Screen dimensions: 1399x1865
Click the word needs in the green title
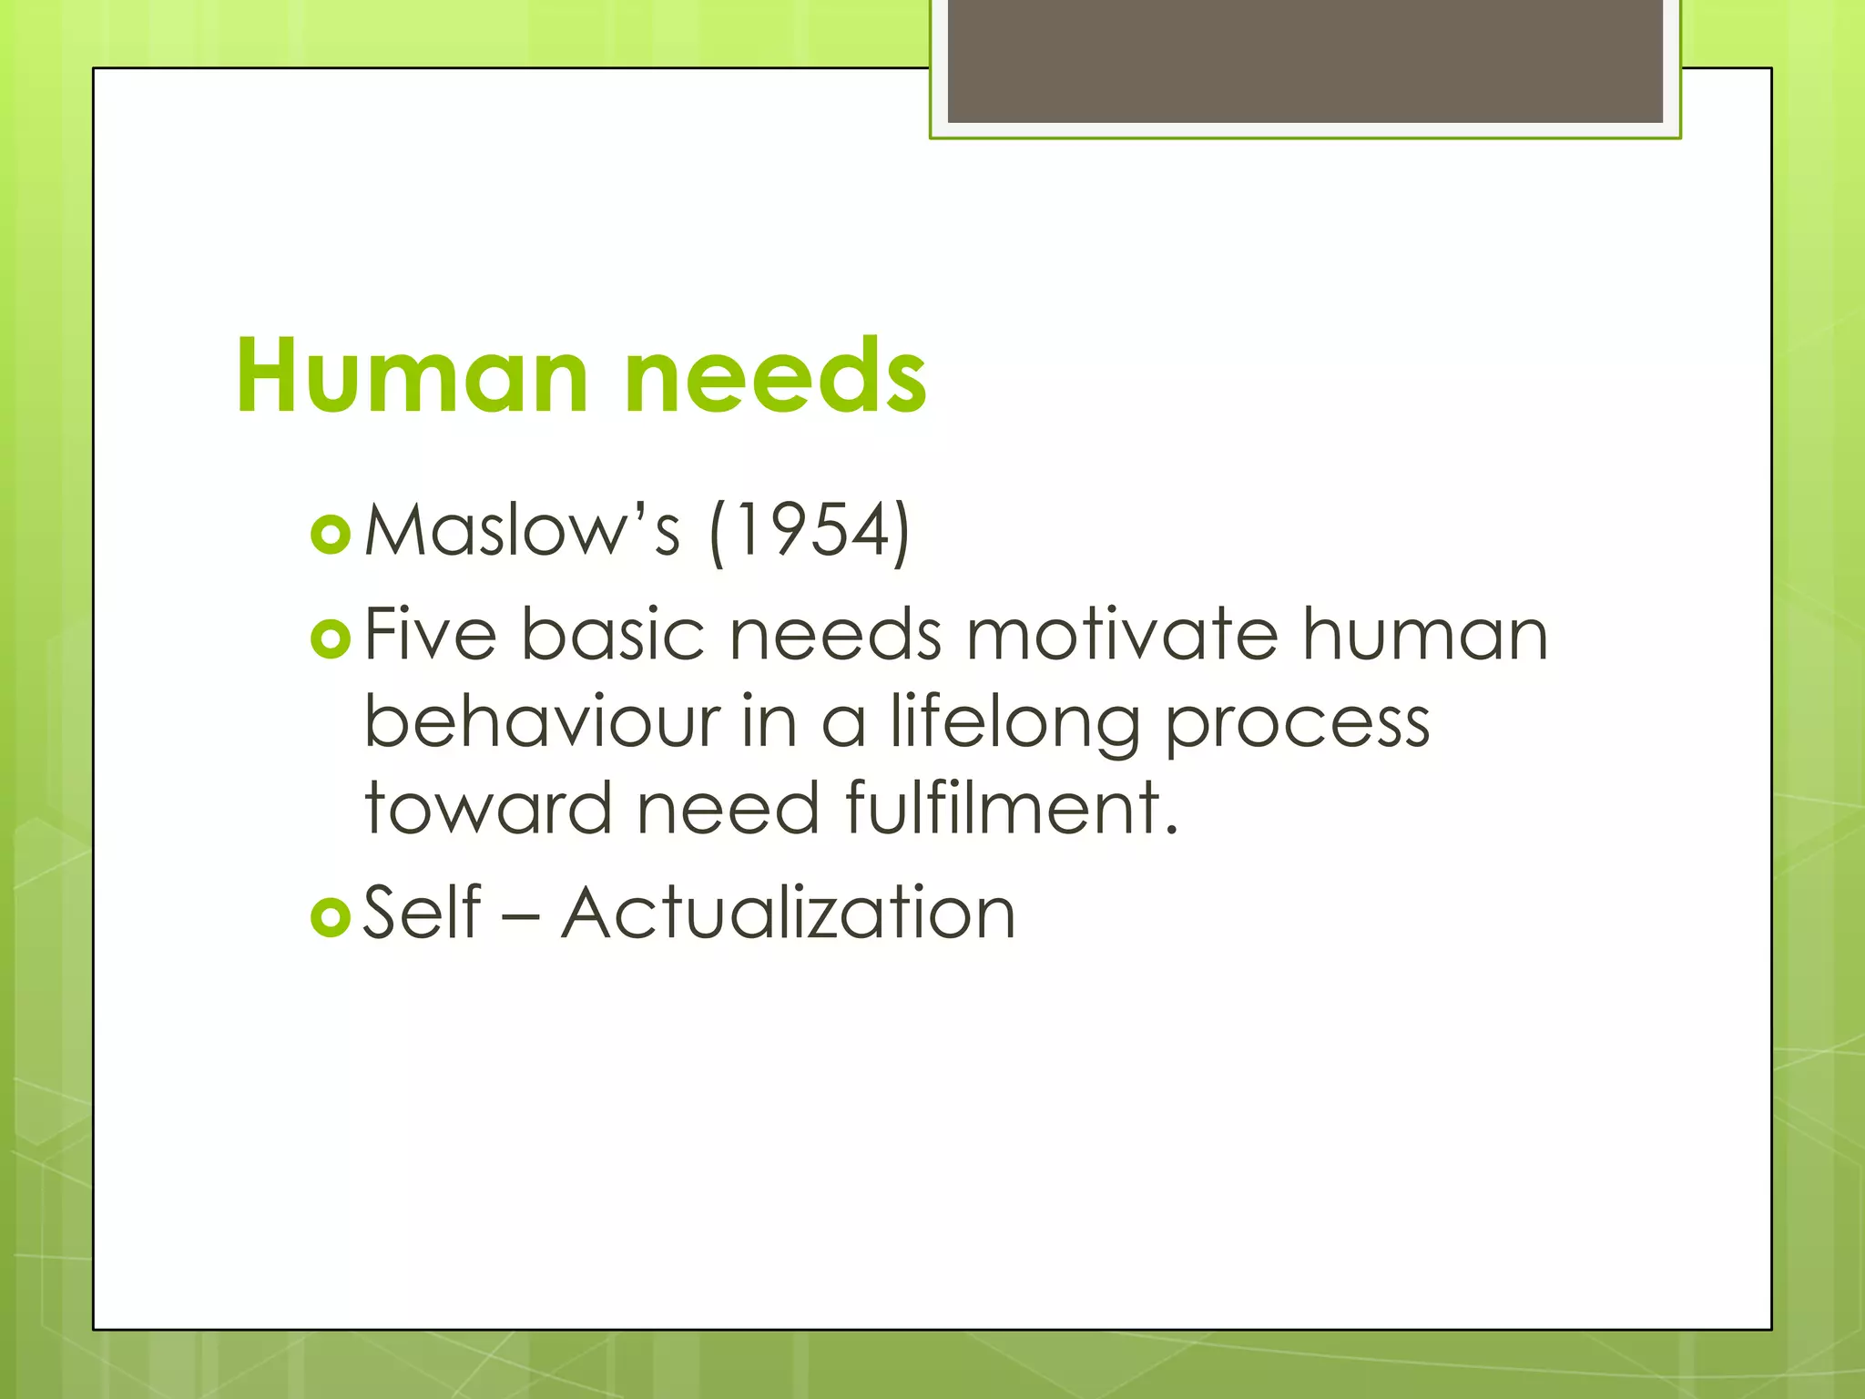click(x=775, y=376)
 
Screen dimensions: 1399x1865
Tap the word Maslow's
click(x=522, y=530)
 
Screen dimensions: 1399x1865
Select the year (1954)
click(x=810, y=532)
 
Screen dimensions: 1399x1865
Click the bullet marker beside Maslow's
click(x=330, y=535)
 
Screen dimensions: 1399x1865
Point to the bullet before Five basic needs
click(x=330, y=638)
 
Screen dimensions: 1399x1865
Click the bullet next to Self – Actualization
click(x=330, y=916)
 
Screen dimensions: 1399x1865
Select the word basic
click(x=613, y=634)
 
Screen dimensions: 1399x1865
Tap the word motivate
click(x=1122, y=634)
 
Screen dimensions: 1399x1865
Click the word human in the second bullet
click(x=1424, y=634)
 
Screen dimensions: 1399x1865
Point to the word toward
click(x=488, y=808)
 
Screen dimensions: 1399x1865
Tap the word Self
click(x=422, y=912)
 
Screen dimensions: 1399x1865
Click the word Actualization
click(x=788, y=912)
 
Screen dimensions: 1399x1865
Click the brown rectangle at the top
click(x=1305, y=61)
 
